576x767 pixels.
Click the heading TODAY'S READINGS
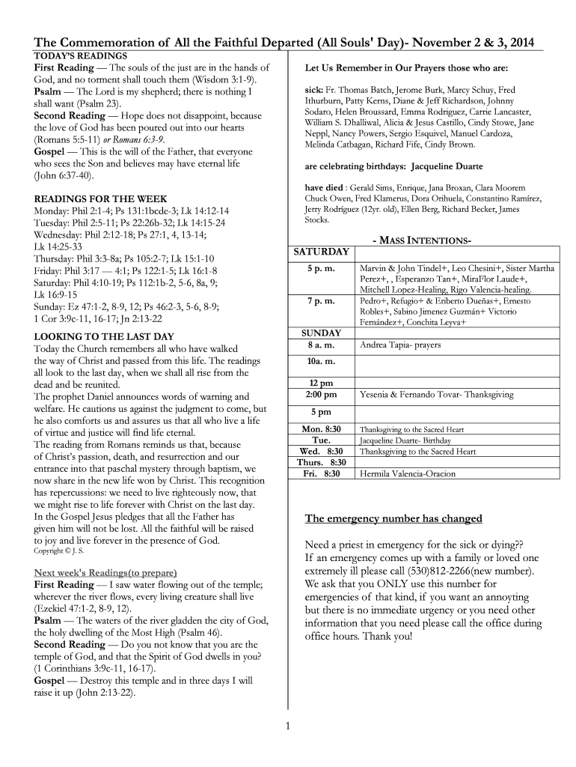pyautogui.click(x=80, y=56)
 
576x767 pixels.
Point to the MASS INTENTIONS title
pyautogui.click(x=421, y=240)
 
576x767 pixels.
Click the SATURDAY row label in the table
pyautogui.click(x=321, y=252)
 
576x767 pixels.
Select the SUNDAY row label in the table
pyautogui.click(x=321, y=333)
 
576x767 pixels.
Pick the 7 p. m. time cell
pyautogui.click(x=321, y=301)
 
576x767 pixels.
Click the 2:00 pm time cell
pyautogui.click(x=321, y=394)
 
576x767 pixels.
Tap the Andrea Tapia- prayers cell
pyautogui.click(x=400, y=345)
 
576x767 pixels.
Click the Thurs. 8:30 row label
pyautogui.click(x=321, y=463)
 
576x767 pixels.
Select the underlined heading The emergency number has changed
pyautogui.click(x=393, y=519)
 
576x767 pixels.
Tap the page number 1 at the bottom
pyautogui.click(x=288, y=725)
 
